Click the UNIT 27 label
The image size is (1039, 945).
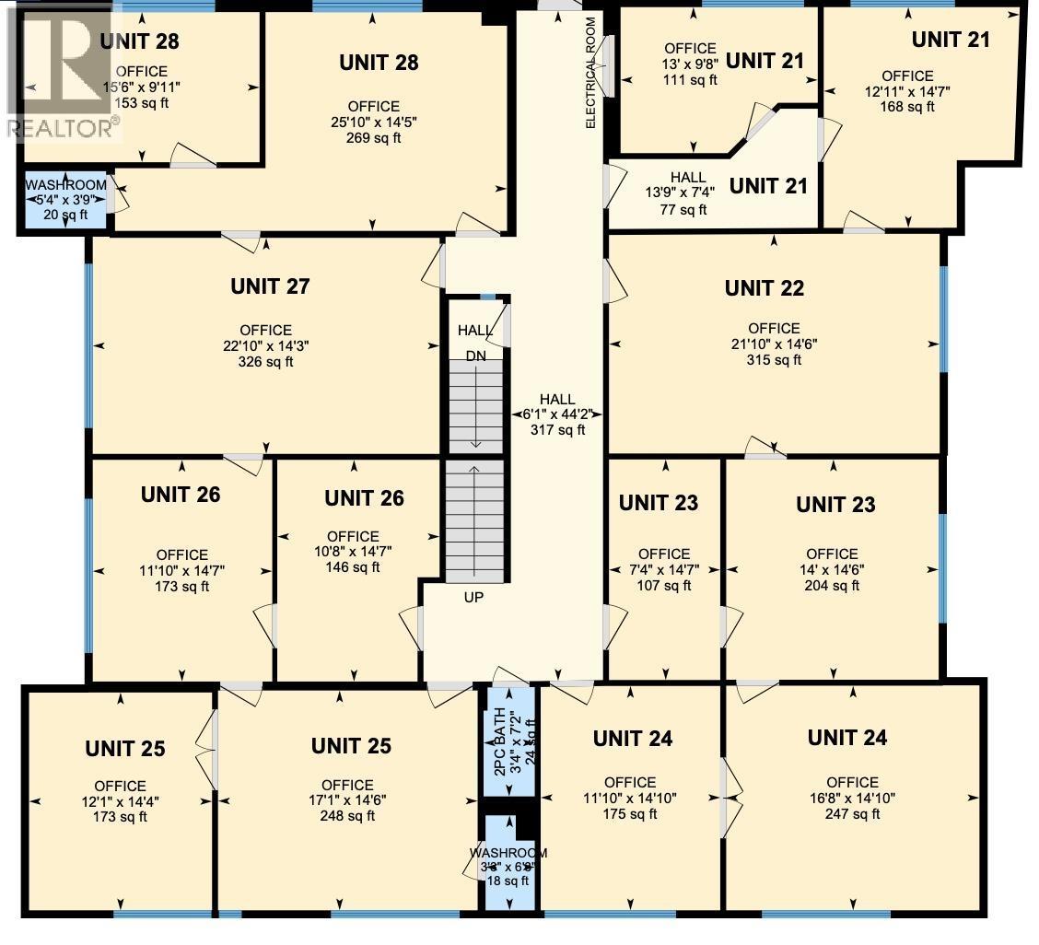tap(269, 286)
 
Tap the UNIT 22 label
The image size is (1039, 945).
tap(764, 288)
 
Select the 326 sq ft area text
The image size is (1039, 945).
tap(265, 362)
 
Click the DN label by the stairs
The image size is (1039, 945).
tap(475, 356)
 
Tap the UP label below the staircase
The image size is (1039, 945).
tap(473, 597)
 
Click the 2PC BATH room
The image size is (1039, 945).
tap(508, 741)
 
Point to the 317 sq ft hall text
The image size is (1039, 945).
tap(557, 430)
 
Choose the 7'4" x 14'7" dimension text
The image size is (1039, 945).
tap(663, 570)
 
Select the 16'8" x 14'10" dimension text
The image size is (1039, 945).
tap(852, 798)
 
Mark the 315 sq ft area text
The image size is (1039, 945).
tap(773, 360)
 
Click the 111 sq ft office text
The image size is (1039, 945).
tap(690, 80)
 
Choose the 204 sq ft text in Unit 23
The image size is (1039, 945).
tap(832, 586)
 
